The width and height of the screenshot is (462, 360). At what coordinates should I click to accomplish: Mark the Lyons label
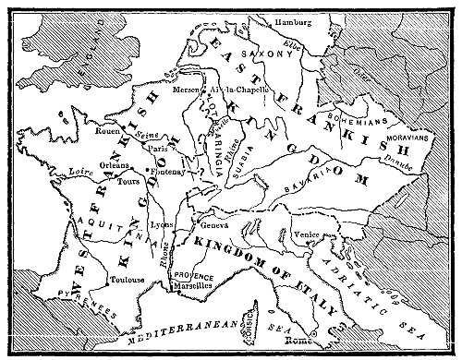(164, 225)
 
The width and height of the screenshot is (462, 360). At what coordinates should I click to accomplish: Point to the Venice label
(306, 235)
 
